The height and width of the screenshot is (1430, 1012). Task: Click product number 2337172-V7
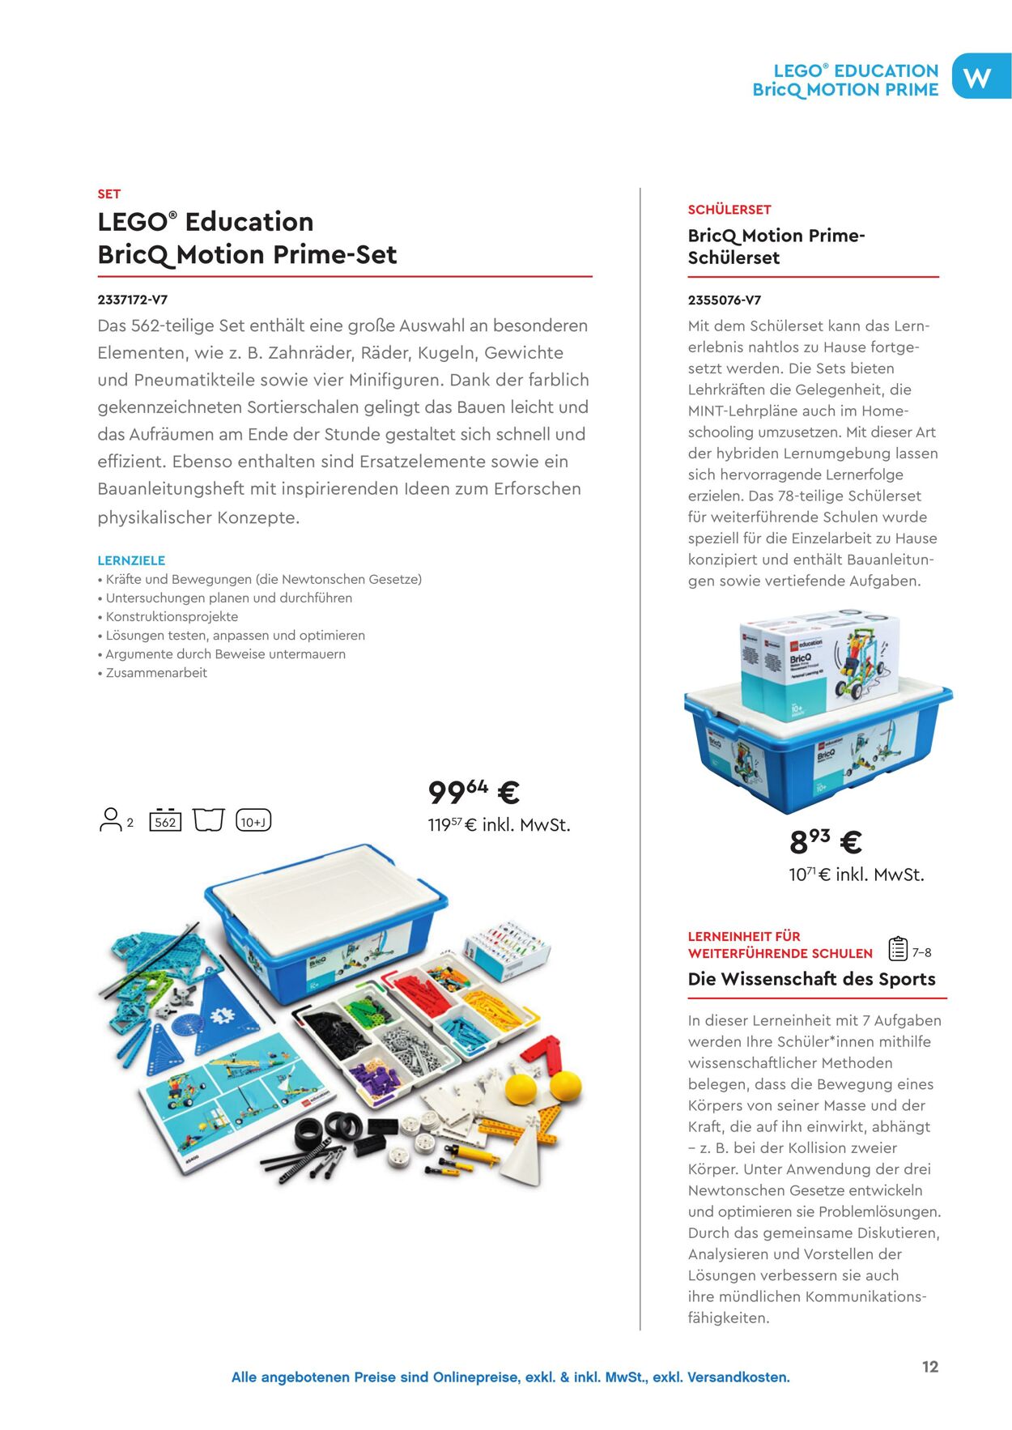(x=133, y=300)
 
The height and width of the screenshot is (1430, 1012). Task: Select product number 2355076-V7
(x=724, y=300)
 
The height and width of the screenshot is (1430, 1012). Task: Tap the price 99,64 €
(x=474, y=792)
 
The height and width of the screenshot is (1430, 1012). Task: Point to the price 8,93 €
(x=825, y=841)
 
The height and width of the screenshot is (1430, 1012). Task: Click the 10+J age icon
(x=253, y=821)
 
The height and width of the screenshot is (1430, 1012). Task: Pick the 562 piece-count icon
(x=165, y=821)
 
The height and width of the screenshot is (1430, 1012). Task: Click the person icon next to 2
(x=109, y=819)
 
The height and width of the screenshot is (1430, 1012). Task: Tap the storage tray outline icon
(x=208, y=819)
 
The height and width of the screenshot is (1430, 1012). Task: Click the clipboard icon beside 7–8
(x=897, y=948)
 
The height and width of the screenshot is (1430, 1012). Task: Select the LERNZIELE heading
(x=131, y=560)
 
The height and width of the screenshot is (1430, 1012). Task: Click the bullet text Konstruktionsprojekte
(x=172, y=617)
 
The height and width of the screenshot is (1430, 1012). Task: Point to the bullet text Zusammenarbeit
(x=156, y=673)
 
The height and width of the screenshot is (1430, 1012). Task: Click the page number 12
(x=930, y=1367)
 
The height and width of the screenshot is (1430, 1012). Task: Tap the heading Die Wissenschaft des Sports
(x=811, y=979)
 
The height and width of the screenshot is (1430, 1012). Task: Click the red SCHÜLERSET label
(x=729, y=210)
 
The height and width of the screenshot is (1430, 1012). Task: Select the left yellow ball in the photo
(x=521, y=1089)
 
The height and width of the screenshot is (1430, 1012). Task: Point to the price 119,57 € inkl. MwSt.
(x=499, y=825)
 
